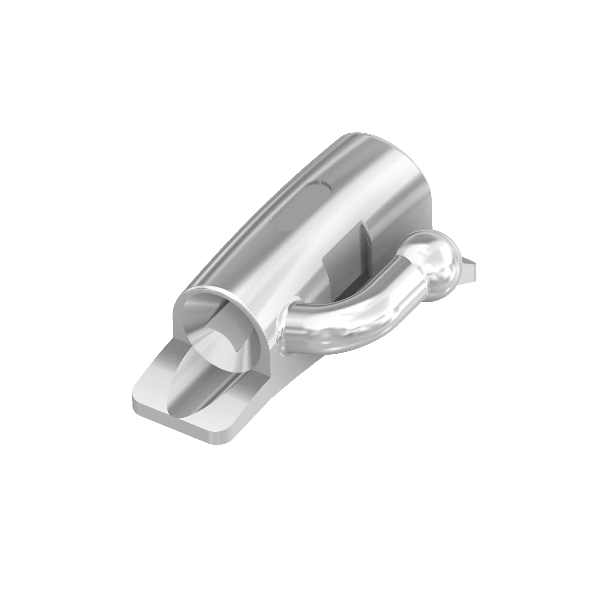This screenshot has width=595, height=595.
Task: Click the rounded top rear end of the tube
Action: click(x=364, y=139)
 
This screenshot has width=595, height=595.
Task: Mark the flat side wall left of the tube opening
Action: click(x=177, y=323)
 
